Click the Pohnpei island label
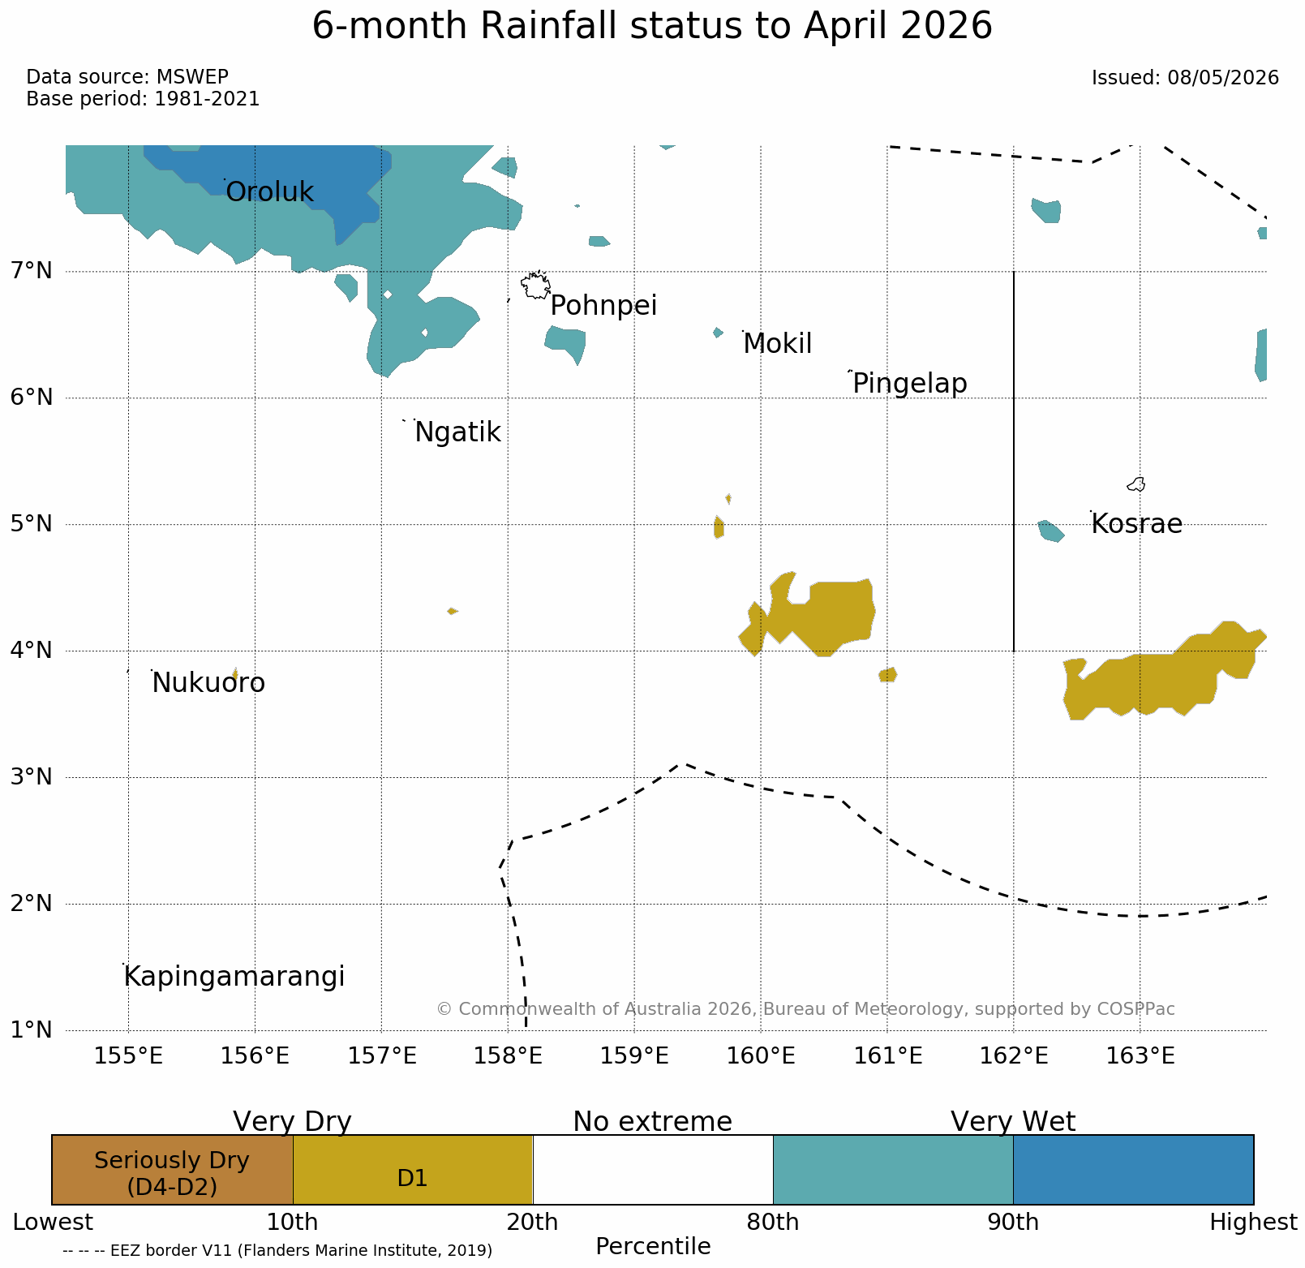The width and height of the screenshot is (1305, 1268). tap(603, 307)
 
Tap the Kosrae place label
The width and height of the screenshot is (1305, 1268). tap(1136, 524)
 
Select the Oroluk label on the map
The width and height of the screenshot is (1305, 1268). tap(269, 192)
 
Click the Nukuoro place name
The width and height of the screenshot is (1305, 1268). tap(208, 683)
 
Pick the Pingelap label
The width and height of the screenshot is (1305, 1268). tap(910, 384)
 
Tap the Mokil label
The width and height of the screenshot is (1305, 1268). tap(778, 344)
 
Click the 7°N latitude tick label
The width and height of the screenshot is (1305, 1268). tap(31, 270)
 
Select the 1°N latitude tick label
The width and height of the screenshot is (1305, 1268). tap(31, 1030)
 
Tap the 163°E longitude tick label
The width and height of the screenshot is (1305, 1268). tap(1140, 1056)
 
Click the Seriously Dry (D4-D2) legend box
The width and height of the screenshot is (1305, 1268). tap(172, 1170)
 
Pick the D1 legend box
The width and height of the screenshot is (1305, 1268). tap(412, 1170)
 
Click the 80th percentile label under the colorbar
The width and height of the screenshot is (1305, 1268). tap(772, 1222)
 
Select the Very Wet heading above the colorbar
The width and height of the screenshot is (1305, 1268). tap(1013, 1122)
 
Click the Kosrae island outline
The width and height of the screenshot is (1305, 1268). tap(1136, 484)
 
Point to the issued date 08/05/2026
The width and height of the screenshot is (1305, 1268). tap(1223, 78)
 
